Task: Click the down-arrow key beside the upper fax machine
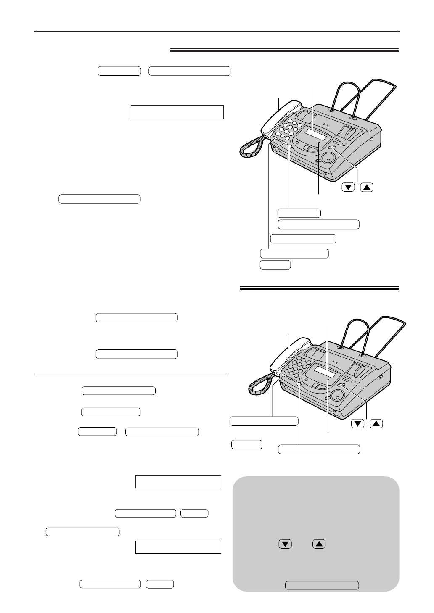[x=347, y=188]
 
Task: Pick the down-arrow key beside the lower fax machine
[x=357, y=424]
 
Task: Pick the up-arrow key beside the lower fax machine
[x=377, y=424]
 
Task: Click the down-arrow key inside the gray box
[x=285, y=544]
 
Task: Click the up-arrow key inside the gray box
[x=319, y=544]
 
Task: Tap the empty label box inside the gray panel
[x=322, y=585]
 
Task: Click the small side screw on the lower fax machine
[x=381, y=376]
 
